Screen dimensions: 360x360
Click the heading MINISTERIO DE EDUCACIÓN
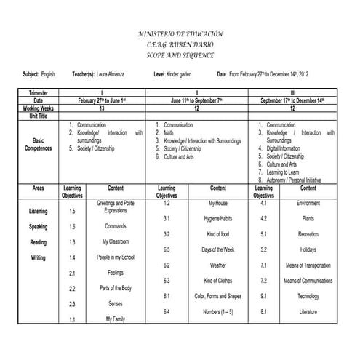180,34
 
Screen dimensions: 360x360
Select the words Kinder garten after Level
179,74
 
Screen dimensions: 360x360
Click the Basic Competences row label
39,144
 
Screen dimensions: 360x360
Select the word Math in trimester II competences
169,133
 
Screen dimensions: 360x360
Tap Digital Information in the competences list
283,148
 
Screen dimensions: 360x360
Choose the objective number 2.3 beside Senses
72,304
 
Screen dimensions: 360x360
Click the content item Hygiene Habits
217,218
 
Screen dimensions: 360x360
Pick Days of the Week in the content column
217,249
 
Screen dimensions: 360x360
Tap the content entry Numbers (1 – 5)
217,312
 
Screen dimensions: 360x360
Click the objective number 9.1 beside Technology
263,296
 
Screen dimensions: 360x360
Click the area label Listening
39,211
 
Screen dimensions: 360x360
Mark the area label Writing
39,257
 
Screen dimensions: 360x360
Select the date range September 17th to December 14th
292,100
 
